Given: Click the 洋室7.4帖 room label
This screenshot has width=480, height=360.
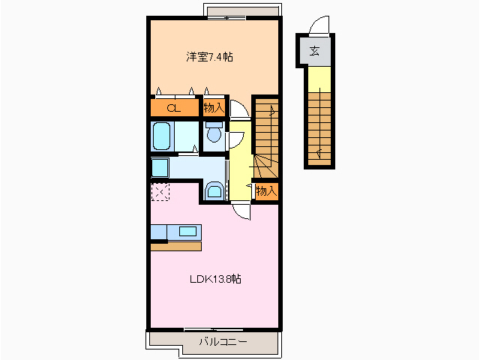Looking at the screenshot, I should pyautogui.click(x=209, y=57).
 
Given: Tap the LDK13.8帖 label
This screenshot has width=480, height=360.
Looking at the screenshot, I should pyautogui.click(x=214, y=279).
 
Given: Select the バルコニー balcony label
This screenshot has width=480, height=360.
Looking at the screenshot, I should pyautogui.click(x=223, y=342).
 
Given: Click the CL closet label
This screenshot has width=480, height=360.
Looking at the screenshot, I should pyautogui.click(x=173, y=108).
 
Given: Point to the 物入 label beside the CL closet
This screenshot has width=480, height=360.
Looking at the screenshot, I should pyautogui.click(x=214, y=108).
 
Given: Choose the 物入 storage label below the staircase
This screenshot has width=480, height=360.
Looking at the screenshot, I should pyautogui.click(x=266, y=191).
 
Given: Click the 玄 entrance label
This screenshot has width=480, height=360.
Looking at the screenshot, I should pyautogui.click(x=316, y=52).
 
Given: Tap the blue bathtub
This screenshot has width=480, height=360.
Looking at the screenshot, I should pyautogui.click(x=162, y=137).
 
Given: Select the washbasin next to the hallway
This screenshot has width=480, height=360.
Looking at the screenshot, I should pyautogui.click(x=214, y=190).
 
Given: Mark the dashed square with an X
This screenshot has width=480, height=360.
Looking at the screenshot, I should pyautogui.click(x=160, y=192).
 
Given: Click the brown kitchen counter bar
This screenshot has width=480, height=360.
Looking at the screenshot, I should pyautogui.click(x=175, y=246).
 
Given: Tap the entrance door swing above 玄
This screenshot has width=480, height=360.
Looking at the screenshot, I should pyautogui.click(x=320, y=26).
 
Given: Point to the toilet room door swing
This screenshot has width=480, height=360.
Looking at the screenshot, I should pyautogui.click(x=235, y=139).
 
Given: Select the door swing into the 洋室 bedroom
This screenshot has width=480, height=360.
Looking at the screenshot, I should pyautogui.click(x=238, y=109).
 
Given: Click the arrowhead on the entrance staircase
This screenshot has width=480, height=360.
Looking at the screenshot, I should pyautogui.click(x=319, y=154).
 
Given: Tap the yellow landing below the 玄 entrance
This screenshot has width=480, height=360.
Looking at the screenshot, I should pyautogui.click(x=318, y=76).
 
